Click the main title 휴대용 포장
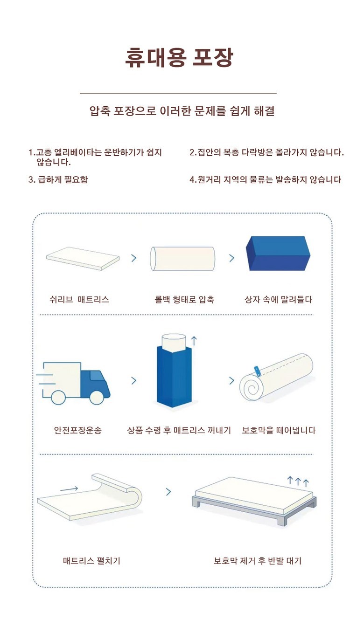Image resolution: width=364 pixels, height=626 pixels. [179, 58]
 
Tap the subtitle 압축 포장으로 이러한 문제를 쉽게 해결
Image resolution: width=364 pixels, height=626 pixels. [182, 111]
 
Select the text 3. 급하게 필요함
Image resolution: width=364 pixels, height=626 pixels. [58, 179]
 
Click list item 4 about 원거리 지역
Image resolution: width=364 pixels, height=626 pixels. [265, 179]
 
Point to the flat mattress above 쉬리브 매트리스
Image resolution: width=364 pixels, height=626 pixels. [83, 258]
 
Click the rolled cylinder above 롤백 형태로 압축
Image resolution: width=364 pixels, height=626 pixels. [182, 259]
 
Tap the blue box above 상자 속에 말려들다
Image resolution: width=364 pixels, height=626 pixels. [278, 253]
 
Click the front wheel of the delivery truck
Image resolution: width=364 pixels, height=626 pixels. [97, 397]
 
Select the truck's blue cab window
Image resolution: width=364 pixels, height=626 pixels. [95, 375]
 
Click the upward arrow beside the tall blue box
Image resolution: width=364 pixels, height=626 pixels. [194, 341]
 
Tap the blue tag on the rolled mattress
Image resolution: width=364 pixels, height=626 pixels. [257, 371]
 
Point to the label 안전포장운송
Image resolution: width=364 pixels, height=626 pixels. [78, 430]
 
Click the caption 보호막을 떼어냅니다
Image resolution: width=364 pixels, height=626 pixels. [279, 430]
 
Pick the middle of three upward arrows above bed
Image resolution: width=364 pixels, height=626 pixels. [298, 481]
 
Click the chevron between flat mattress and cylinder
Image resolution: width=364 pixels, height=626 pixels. [134, 258]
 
